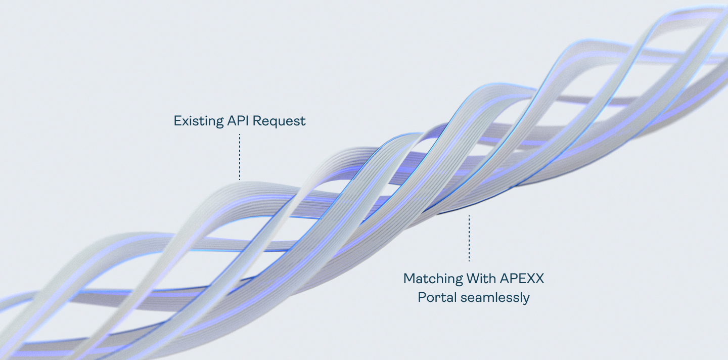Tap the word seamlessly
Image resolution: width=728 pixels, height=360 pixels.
[495, 298]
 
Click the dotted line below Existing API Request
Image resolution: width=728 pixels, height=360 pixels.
[240, 157]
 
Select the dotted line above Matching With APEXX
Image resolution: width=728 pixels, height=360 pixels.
[469, 238]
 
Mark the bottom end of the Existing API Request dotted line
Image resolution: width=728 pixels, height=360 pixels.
[240, 179]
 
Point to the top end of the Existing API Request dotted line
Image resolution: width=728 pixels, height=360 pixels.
[240, 134]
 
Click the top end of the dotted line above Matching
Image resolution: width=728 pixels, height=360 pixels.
[469, 216]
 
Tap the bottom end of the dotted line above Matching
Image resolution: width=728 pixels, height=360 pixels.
[469, 260]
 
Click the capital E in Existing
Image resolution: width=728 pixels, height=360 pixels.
[177, 121]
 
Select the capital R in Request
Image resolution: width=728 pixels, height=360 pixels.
[257, 121]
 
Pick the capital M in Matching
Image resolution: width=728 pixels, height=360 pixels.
[408, 278]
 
